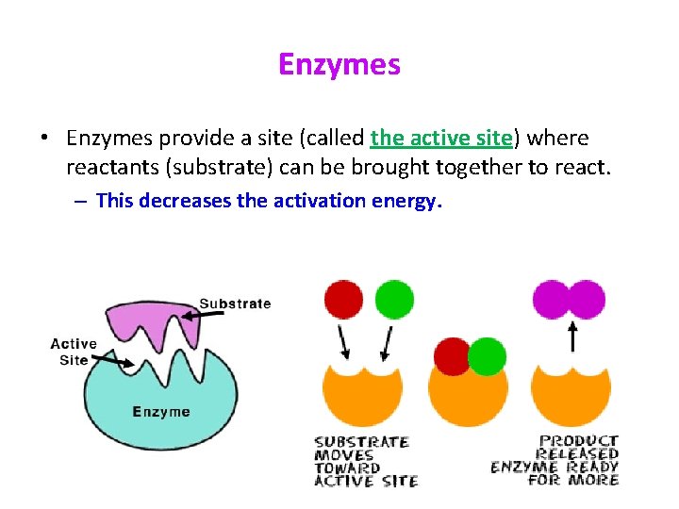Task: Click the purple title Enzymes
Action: pyautogui.click(x=339, y=64)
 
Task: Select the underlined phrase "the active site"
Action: pyautogui.click(x=441, y=139)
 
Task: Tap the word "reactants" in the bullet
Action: pyautogui.click(x=111, y=169)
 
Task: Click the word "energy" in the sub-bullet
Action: pyautogui.click(x=406, y=200)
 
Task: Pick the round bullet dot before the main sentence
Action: pyautogui.click(x=45, y=139)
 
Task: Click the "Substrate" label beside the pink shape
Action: pyautogui.click(x=235, y=304)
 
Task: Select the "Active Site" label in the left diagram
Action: pyautogui.click(x=74, y=352)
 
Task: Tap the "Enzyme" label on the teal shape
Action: pyautogui.click(x=161, y=411)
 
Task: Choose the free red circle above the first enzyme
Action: pyautogui.click(x=342, y=299)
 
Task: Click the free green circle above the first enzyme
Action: pyautogui.click(x=394, y=299)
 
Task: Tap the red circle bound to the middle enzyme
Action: pyautogui.click(x=451, y=355)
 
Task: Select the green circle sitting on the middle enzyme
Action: pyautogui.click(x=487, y=357)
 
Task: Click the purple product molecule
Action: pyautogui.click(x=569, y=299)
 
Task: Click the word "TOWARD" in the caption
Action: pyautogui.click(x=346, y=468)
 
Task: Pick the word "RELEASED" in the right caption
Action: pyautogui.click(x=577, y=453)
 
